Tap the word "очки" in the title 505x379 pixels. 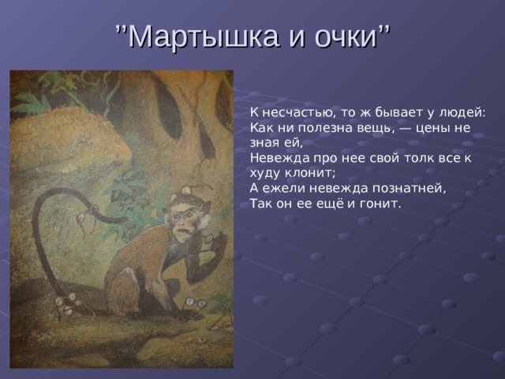[346, 37]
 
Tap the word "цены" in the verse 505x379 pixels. [432, 129]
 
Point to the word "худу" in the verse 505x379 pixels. [265, 174]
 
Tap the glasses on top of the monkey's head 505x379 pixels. [190, 189]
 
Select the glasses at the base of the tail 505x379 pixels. [68, 304]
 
